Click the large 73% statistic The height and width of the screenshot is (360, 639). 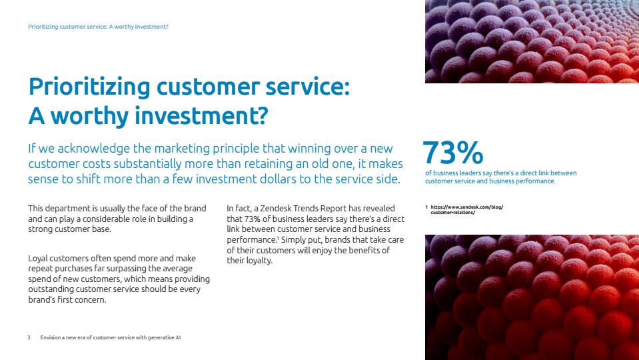point(452,153)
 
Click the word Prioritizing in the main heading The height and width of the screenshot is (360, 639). point(89,87)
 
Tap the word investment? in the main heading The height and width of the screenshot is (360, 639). point(202,115)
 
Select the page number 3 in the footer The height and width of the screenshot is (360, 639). point(29,337)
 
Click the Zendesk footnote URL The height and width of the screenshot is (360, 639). point(466,209)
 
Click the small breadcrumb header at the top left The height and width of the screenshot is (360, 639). point(98,27)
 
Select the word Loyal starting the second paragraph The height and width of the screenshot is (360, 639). point(37,259)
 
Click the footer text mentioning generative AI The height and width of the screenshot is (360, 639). point(111,337)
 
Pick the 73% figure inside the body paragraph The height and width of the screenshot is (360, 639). point(253,219)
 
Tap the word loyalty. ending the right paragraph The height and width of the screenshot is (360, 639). point(259,261)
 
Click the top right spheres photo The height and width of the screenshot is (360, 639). point(532,41)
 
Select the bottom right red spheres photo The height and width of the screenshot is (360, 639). point(532,297)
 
